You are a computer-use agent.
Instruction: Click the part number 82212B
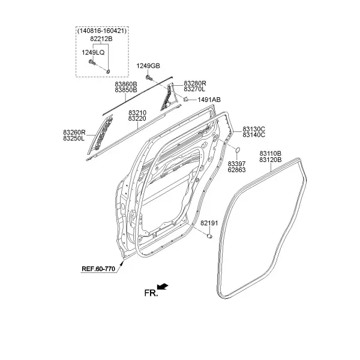(x=101, y=39)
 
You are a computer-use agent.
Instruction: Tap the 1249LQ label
(x=93, y=53)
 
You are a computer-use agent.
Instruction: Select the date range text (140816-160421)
(x=102, y=31)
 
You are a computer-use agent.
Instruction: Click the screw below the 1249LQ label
(x=92, y=62)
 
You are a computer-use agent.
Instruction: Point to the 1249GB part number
(x=148, y=66)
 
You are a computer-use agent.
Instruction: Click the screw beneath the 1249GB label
(x=149, y=77)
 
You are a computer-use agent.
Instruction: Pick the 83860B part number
(x=126, y=84)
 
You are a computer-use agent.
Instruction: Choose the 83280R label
(x=194, y=83)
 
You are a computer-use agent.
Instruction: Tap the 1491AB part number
(x=209, y=100)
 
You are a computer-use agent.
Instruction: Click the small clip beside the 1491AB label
(x=186, y=99)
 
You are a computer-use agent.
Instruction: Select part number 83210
(x=137, y=113)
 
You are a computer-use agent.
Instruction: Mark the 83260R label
(x=74, y=133)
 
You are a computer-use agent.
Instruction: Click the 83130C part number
(x=254, y=129)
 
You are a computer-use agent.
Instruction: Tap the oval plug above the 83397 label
(x=238, y=150)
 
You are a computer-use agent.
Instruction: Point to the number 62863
(x=236, y=170)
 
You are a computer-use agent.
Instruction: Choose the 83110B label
(x=271, y=154)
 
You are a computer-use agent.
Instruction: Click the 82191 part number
(x=209, y=223)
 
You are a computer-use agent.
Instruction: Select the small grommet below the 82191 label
(x=209, y=236)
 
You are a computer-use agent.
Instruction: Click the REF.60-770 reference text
(x=98, y=269)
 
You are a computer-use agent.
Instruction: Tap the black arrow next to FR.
(x=163, y=287)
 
